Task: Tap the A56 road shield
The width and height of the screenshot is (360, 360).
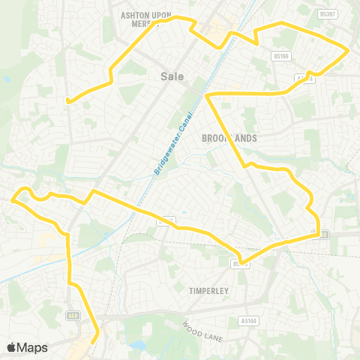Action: point(72,315)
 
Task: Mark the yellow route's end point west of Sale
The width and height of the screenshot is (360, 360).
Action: point(67,100)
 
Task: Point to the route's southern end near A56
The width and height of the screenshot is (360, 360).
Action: point(92,343)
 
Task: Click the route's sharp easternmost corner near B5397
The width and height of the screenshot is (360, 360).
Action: point(349,50)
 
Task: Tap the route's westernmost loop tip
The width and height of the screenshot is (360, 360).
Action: point(13,199)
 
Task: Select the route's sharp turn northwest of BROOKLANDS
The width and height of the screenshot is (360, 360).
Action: point(205,94)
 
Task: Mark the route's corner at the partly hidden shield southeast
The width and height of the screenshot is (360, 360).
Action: point(319,235)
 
